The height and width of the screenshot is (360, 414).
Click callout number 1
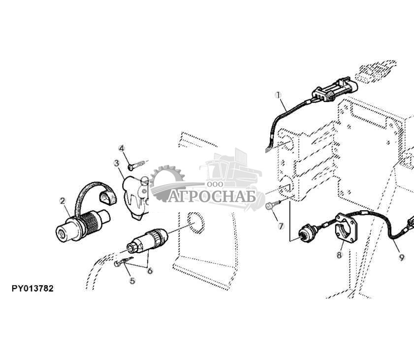pos(278,95)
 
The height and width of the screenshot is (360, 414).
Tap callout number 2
pos(63,201)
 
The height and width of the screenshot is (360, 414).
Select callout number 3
pos(117,163)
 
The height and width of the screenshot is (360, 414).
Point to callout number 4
pos(122,148)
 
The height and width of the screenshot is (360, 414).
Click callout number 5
pos(132,281)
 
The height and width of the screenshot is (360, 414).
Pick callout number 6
pos(150,271)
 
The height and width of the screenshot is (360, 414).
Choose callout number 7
pos(281,226)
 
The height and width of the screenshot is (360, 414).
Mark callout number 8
pos(339,255)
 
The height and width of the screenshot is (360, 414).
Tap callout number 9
pos(401,258)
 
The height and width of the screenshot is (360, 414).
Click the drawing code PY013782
pos(32,289)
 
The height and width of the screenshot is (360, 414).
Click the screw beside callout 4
pos(136,165)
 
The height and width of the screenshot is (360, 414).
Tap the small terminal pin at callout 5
pos(124,261)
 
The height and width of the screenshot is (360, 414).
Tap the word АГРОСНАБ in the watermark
pos(212,196)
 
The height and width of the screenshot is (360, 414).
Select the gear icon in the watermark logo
pos(166,182)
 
